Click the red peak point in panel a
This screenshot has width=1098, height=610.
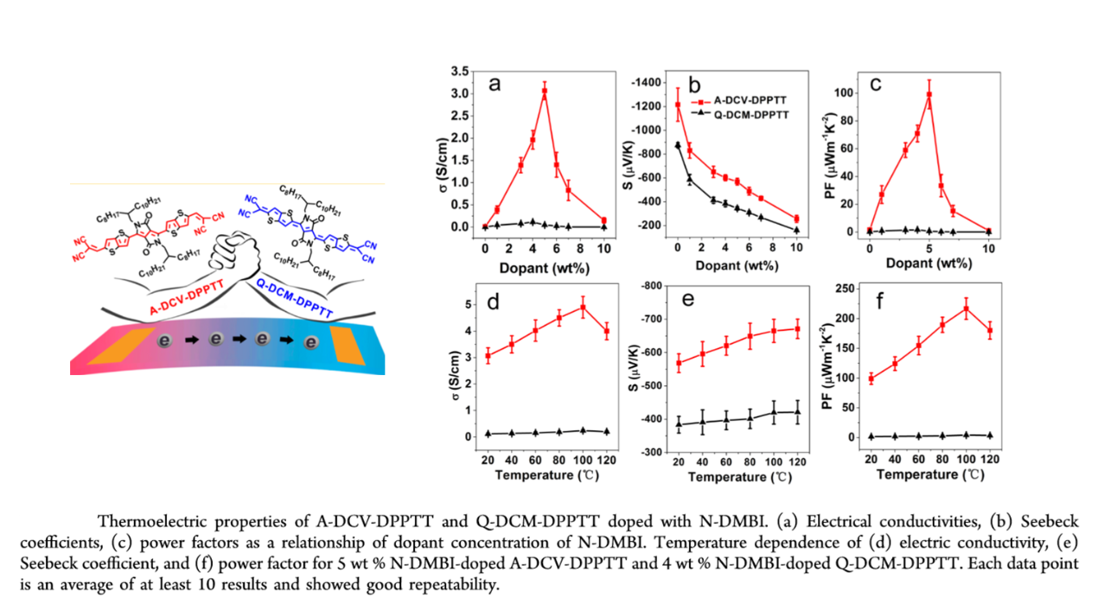[x=544, y=91]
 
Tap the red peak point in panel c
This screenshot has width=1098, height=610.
[x=929, y=94]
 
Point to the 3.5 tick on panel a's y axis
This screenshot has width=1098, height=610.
[x=467, y=71]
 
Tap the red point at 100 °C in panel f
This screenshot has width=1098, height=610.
[x=966, y=308]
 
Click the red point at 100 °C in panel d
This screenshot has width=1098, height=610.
[x=583, y=307]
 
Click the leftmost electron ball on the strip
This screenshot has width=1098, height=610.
[x=163, y=344]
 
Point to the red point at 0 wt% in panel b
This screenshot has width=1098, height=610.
[x=677, y=105]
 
